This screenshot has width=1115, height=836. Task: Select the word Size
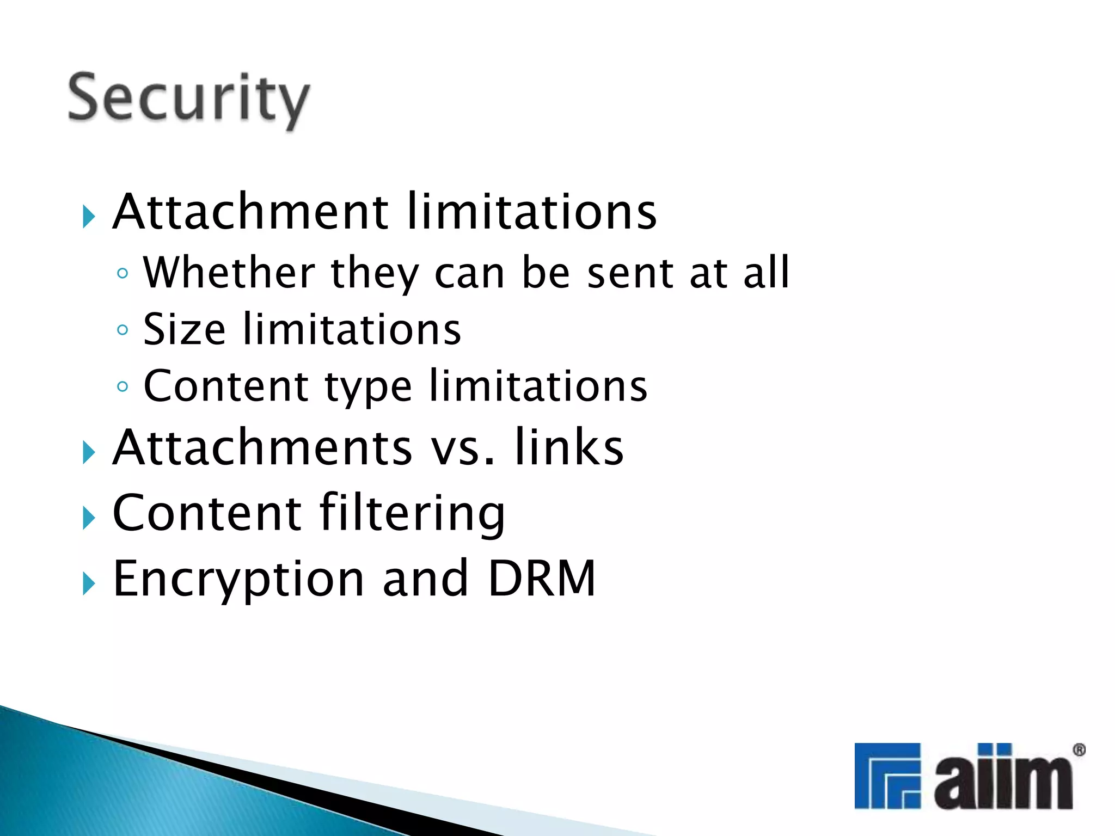[184, 329]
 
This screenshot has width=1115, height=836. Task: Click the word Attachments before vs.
[262, 447]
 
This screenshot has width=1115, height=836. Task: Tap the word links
[569, 447]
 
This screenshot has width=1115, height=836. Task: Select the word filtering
[412, 513]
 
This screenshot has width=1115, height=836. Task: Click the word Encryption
[238, 579]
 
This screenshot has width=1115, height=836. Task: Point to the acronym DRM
[541, 578]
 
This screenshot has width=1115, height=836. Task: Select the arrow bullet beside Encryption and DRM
[88, 583]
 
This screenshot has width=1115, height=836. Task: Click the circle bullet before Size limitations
[122, 330]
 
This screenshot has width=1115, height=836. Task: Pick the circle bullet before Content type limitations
[122, 386]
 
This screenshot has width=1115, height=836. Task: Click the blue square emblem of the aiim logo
[887, 776]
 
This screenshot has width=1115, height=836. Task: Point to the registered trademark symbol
[1079, 751]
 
